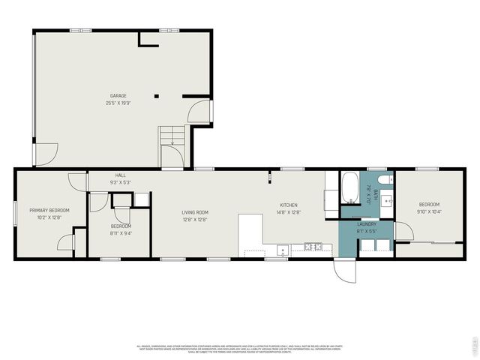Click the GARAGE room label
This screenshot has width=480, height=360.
(x=118, y=96)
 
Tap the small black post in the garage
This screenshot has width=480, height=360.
(x=157, y=96)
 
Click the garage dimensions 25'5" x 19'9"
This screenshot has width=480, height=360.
(x=118, y=103)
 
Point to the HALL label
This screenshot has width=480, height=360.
(x=120, y=175)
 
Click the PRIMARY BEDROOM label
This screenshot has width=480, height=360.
(x=49, y=210)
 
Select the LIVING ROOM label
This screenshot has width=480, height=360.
(x=194, y=212)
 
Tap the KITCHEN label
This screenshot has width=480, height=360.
(x=289, y=205)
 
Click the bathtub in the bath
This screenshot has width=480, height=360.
(x=350, y=187)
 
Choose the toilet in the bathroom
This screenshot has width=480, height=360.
(x=383, y=180)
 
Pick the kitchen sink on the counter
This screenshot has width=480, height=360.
(x=313, y=246)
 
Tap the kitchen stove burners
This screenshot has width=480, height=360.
(x=283, y=250)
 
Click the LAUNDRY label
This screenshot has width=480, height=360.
(x=367, y=223)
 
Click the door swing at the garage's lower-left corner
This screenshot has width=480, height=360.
(x=45, y=154)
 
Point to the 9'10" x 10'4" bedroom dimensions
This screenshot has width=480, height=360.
(x=429, y=212)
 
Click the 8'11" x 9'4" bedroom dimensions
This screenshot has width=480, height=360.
(x=121, y=233)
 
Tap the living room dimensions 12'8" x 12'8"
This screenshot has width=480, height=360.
(x=194, y=220)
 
